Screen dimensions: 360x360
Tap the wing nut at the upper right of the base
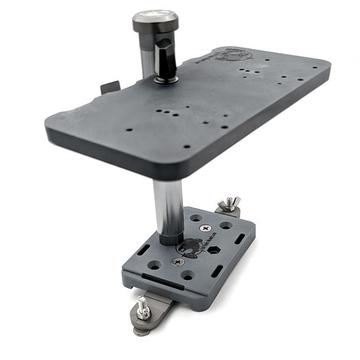(230, 202)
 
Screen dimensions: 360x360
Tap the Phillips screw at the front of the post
(177, 262)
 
